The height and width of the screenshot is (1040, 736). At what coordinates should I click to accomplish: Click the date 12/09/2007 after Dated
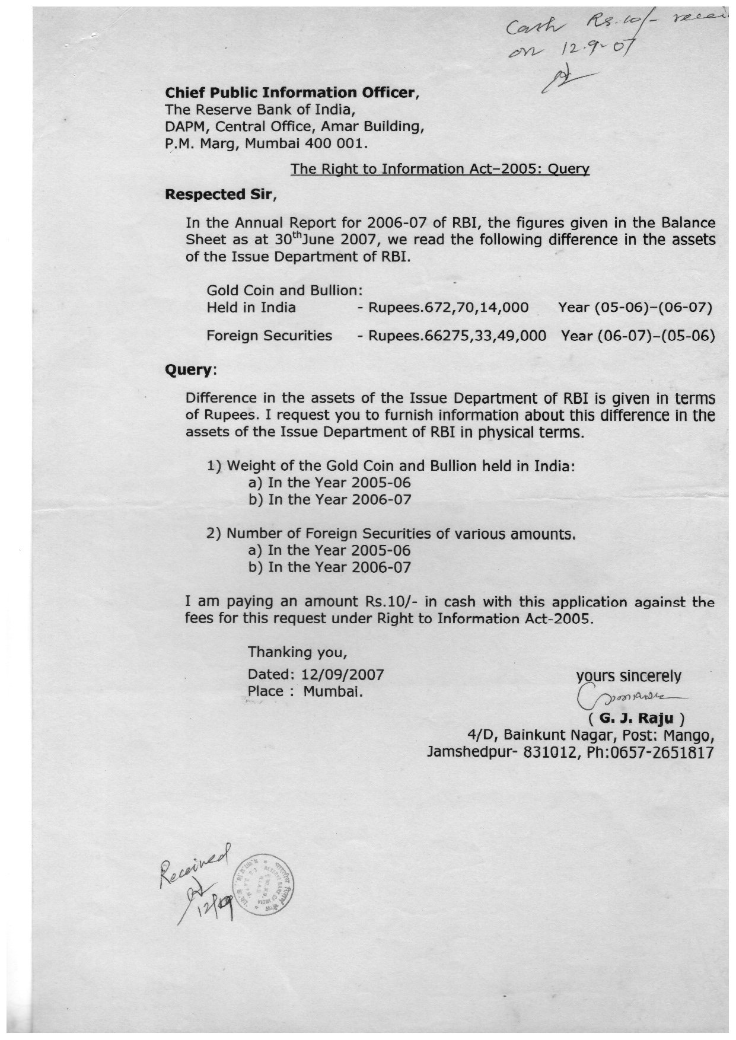(343, 674)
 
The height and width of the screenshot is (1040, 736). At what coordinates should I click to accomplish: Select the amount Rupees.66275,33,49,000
(457, 336)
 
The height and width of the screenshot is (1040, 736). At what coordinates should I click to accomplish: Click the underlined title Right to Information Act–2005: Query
(439, 169)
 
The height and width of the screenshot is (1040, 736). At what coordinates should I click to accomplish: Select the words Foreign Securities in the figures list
(269, 336)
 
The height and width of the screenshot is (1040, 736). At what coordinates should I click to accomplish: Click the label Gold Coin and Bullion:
(284, 291)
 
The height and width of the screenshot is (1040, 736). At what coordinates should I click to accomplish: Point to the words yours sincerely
(629, 676)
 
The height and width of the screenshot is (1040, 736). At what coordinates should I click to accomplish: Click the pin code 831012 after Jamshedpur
(527, 752)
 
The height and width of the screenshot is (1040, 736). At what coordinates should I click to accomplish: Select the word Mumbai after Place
(333, 691)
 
